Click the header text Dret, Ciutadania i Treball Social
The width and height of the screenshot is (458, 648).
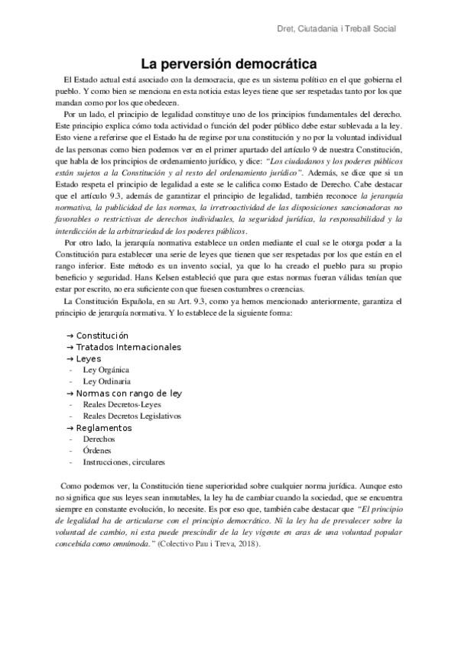point(340,29)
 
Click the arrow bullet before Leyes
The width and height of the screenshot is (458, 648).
point(70,358)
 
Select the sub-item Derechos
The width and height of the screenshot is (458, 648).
point(99,439)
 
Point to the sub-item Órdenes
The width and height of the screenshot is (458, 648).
point(98,451)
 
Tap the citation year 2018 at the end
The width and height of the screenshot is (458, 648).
point(245,543)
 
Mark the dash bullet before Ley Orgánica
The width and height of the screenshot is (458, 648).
point(70,370)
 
